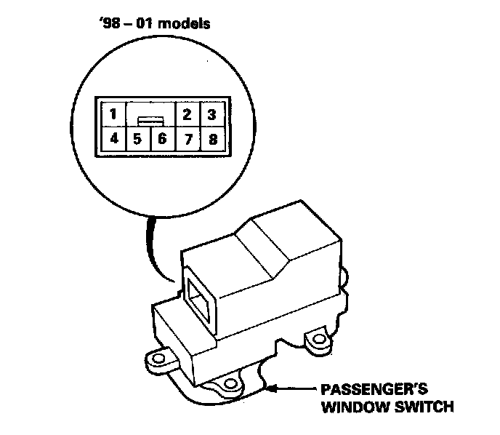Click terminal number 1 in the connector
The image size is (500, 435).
(112, 114)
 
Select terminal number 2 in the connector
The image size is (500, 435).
(187, 114)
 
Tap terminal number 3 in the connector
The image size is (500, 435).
(211, 114)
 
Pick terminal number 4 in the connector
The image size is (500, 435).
(112, 137)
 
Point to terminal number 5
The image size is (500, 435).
(137, 137)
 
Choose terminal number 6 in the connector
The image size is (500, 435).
(162, 137)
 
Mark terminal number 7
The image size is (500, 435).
(187, 137)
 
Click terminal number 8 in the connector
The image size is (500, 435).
(211, 137)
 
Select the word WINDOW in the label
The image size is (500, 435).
(354, 405)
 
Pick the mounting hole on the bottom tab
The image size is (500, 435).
(230, 383)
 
